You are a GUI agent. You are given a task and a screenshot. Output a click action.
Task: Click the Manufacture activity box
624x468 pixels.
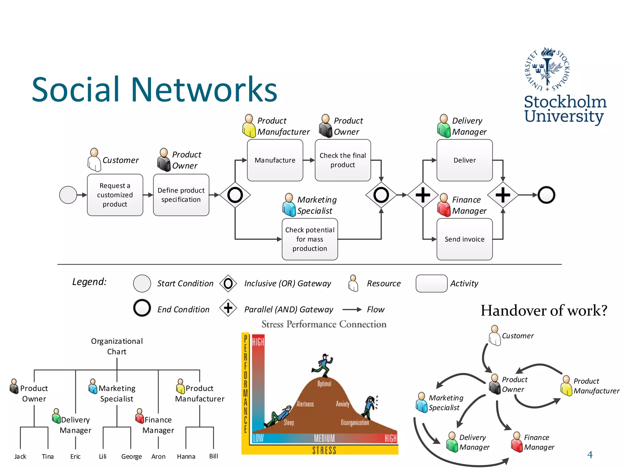click(x=275, y=160)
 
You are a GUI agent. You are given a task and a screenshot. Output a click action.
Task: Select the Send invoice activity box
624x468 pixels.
click(x=464, y=239)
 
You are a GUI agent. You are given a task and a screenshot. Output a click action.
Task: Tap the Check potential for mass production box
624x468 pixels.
click(x=310, y=239)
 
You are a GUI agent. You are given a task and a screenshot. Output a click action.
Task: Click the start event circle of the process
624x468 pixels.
click(x=68, y=195)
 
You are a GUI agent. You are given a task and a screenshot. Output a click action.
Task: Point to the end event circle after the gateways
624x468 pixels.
click(x=546, y=195)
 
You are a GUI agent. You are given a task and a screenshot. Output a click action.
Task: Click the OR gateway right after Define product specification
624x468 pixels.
click(x=235, y=195)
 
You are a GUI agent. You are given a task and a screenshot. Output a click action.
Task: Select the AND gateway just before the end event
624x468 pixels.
click(x=503, y=195)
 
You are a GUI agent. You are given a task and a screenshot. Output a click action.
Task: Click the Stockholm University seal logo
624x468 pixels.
click(x=548, y=69)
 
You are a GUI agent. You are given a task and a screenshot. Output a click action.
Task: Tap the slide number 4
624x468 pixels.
click(x=590, y=455)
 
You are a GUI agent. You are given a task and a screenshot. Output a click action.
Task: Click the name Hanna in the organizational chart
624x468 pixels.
click(x=186, y=456)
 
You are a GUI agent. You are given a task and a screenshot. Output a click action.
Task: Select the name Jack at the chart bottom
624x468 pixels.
click(x=20, y=456)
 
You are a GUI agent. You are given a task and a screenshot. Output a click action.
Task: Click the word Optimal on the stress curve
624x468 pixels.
click(x=324, y=384)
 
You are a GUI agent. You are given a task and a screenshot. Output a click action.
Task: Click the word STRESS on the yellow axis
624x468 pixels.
click(x=324, y=450)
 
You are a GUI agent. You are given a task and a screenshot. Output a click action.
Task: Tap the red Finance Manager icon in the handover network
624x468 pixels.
click(x=517, y=442)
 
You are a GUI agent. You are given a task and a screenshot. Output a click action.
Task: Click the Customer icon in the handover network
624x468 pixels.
click(x=495, y=335)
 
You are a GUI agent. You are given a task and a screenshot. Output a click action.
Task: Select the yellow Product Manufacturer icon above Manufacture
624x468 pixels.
click(x=249, y=126)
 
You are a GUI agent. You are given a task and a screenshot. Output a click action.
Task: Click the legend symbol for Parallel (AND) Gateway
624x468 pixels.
click(x=228, y=308)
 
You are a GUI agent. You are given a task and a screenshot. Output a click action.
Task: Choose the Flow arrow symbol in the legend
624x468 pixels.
click(x=352, y=310)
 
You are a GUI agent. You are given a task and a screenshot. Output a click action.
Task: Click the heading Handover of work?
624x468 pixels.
click(x=544, y=310)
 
